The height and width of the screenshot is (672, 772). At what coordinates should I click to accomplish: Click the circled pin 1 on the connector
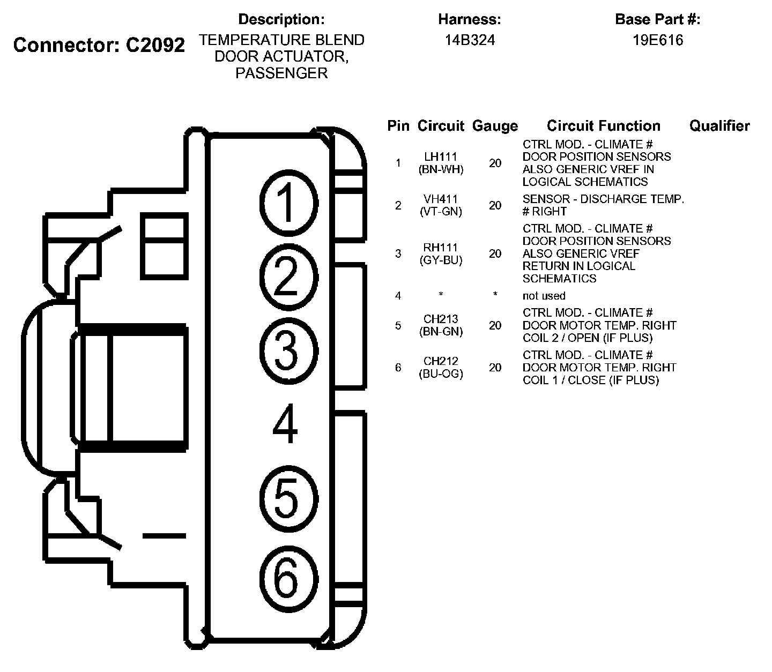tap(288, 203)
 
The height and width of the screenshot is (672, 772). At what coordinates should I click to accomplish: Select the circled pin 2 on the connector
tap(288, 277)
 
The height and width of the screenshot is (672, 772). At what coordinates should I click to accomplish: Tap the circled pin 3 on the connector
tap(288, 351)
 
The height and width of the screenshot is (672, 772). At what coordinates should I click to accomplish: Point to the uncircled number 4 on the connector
tap(285, 424)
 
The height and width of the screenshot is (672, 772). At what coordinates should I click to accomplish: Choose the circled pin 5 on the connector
tap(288, 499)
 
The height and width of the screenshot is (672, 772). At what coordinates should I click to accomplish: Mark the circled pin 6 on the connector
tap(288, 579)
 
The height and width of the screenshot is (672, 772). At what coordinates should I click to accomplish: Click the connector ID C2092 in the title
tap(155, 45)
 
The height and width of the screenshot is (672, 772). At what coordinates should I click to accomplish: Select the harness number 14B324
tap(470, 40)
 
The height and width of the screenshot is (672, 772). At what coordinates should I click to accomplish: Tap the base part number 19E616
tap(658, 40)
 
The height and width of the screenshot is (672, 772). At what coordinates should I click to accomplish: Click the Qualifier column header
tap(719, 126)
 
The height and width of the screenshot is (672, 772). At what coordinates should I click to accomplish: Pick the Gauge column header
tap(495, 126)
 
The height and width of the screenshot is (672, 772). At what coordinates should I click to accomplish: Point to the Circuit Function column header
tap(603, 126)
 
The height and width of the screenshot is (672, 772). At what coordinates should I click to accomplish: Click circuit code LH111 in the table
tap(441, 157)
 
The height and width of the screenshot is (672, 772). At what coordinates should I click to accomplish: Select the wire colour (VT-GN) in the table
tap(441, 211)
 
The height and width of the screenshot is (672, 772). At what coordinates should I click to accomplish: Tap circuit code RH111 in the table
tap(441, 248)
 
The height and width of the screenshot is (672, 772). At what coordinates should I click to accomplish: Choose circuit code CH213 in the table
tap(441, 319)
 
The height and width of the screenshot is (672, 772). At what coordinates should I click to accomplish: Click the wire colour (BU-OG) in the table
tap(441, 374)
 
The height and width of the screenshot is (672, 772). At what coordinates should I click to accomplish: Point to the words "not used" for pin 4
tap(544, 296)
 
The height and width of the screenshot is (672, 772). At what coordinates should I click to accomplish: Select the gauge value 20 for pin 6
tap(495, 367)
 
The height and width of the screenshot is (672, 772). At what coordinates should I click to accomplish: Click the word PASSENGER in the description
tap(281, 73)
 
